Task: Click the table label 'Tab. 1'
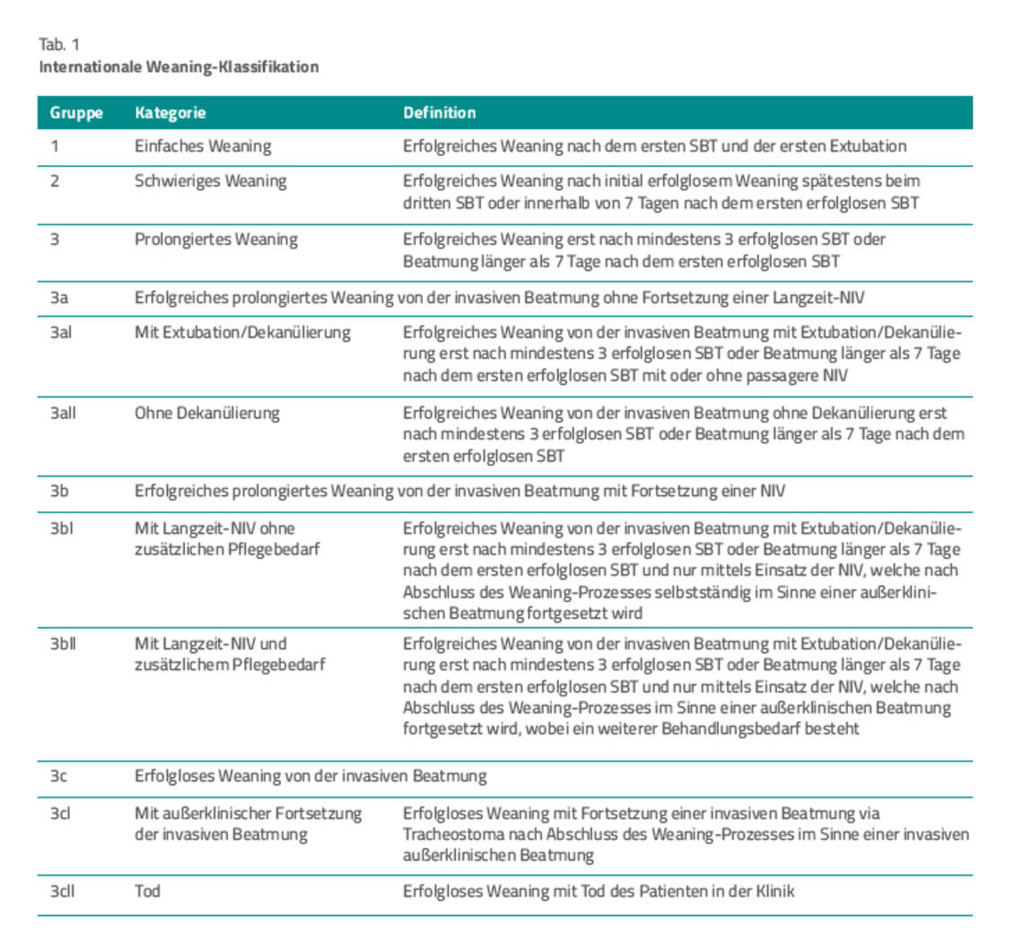coord(59,44)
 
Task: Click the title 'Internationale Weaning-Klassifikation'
coord(179,67)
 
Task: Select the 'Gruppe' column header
coord(75,113)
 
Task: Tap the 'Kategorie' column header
coord(170,113)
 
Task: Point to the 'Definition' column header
coord(439,113)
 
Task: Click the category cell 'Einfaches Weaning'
coord(202,145)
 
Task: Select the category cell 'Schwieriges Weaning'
coord(210,181)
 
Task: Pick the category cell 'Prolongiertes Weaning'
coord(215,240)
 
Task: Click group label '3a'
coord(58,298)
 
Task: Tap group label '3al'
coord(61,333)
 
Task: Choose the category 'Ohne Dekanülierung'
coord(206,414)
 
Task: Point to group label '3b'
coord(59,491)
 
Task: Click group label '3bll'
coord(63,643)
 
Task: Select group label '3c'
coord(58,777)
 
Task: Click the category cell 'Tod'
coord(147,892)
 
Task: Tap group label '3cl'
coord(60,814)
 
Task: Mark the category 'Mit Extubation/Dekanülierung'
coord(242,333)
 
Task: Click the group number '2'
coord(55,181)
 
